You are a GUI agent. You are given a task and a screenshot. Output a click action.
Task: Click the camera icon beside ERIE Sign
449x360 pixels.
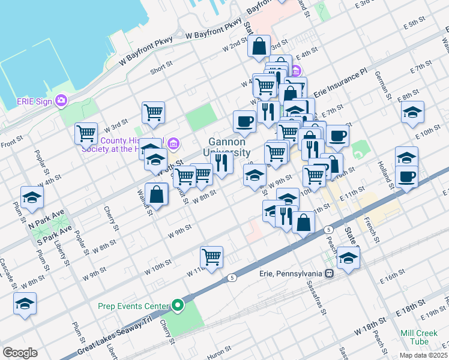(x=61, y=100)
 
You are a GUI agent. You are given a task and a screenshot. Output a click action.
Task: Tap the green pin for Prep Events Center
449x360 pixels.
(x=177, y=306)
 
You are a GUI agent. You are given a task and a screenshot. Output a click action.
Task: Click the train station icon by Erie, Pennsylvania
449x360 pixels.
(x=329, y=274)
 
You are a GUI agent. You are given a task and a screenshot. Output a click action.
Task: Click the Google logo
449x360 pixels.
(x=20, y=352)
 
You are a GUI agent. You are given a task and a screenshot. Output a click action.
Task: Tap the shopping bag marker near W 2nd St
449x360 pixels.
(x=259, y=47)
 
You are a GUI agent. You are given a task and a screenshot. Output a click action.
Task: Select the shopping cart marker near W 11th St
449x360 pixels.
(x=211, y=257)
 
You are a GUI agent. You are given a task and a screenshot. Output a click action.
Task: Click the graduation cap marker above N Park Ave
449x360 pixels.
(x=32, y=197)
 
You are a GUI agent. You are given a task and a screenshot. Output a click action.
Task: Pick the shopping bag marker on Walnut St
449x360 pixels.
(x=156, y=194)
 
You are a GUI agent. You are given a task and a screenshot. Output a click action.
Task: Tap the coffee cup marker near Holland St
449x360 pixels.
(x=406, y=177)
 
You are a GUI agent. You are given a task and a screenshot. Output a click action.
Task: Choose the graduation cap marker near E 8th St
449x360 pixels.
(x=412, y=113)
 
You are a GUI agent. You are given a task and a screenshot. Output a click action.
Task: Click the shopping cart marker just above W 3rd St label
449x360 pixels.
(x=154, y=112)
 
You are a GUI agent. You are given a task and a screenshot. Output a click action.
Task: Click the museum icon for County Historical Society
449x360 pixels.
(x=173, y=142)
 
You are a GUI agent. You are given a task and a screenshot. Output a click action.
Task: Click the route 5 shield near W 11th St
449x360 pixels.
(x=232, y=278)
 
